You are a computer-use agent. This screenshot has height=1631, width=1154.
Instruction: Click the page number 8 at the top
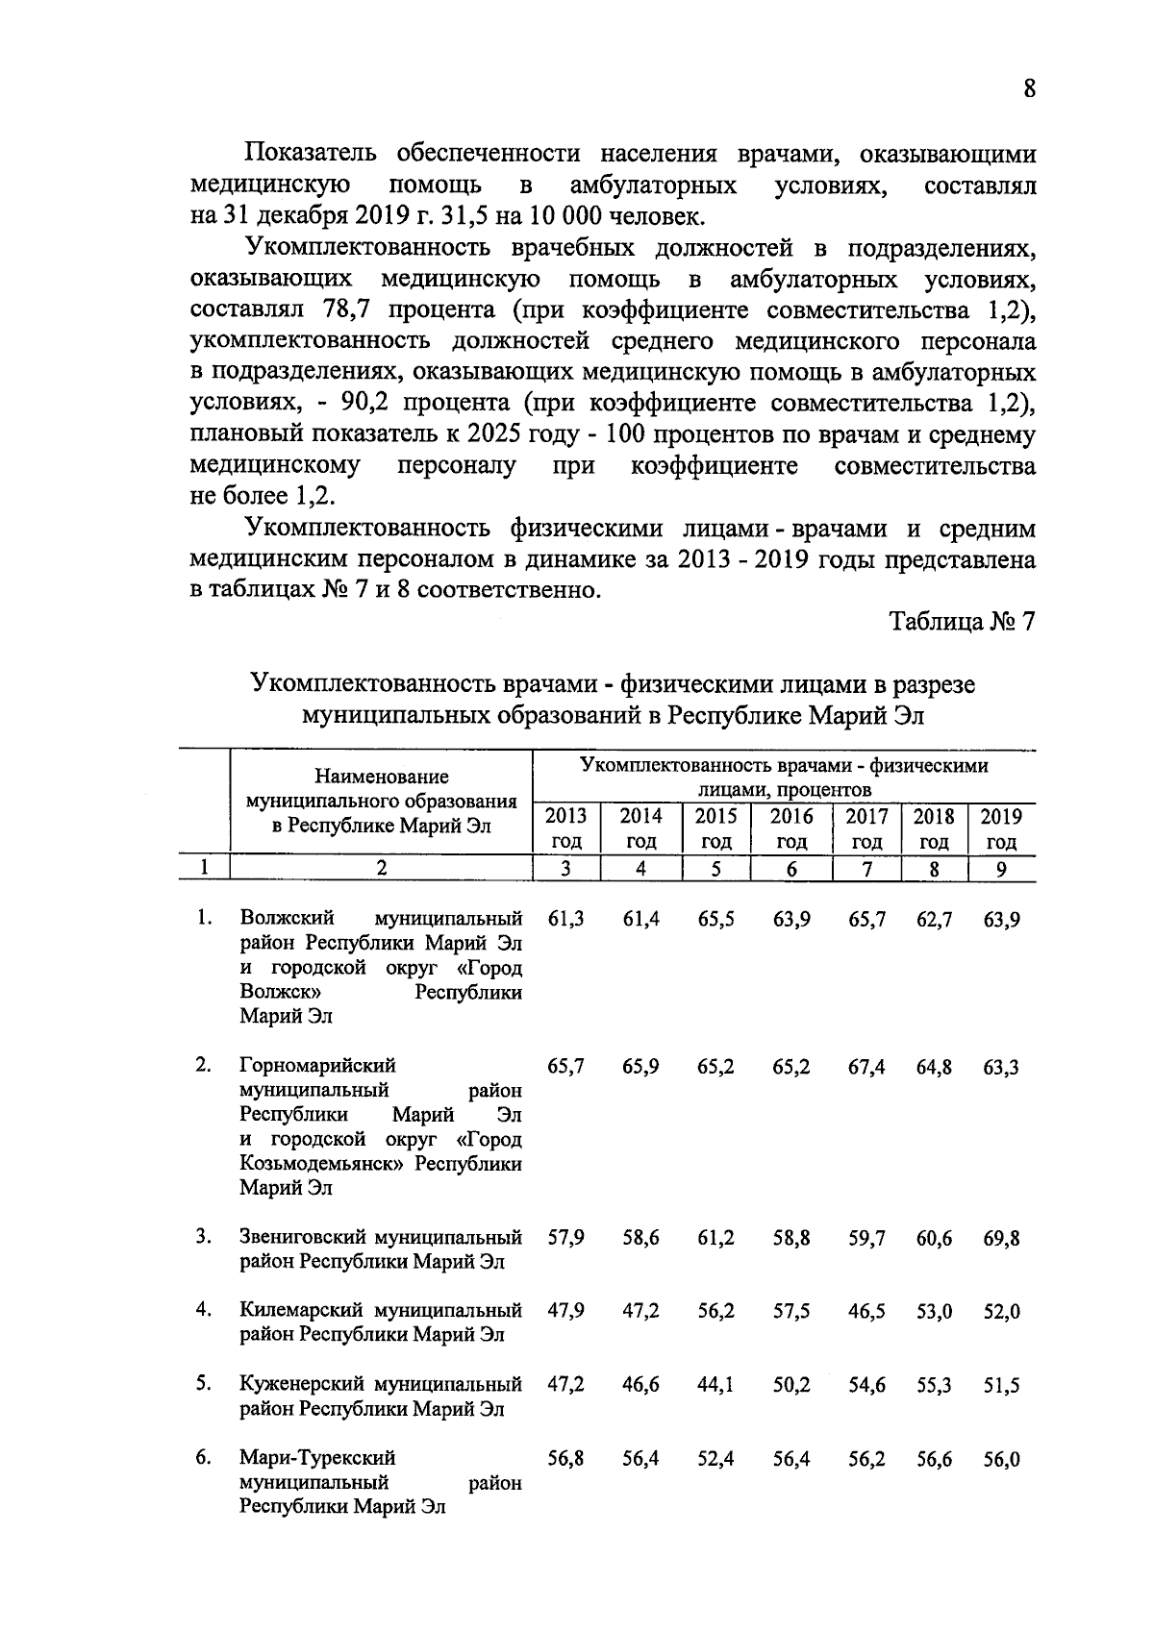(1029, 89)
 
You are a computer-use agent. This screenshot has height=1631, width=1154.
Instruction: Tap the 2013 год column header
(565, 828)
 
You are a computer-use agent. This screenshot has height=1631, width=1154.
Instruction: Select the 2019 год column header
(1001, 828)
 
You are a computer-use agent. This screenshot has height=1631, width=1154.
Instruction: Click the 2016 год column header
(791, 828)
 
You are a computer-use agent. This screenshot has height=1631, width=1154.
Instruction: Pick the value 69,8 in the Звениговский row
(1001, 1239)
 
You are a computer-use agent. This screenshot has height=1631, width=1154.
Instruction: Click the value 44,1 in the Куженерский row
(716, 1385)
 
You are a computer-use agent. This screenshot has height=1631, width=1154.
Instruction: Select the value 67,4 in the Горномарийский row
(866, 1067)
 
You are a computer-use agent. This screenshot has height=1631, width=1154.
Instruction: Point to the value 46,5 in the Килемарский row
(866, 1312)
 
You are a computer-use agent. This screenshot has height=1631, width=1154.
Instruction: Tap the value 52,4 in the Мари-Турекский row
(716, 1459)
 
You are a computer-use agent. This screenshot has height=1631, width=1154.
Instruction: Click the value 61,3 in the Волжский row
(565, 920)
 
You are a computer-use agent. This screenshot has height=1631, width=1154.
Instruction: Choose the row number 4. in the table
(203, 1310)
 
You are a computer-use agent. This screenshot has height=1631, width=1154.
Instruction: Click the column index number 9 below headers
(1001, 869)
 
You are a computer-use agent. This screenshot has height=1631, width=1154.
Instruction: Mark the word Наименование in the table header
(382, 777)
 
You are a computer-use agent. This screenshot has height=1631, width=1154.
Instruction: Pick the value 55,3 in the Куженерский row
(934, 1385)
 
